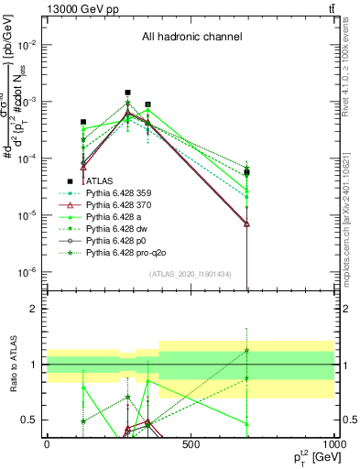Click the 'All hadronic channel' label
[191, 38]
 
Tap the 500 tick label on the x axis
[191, 443]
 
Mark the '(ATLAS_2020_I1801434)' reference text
[191, 275]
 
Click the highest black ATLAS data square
[127, 93]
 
